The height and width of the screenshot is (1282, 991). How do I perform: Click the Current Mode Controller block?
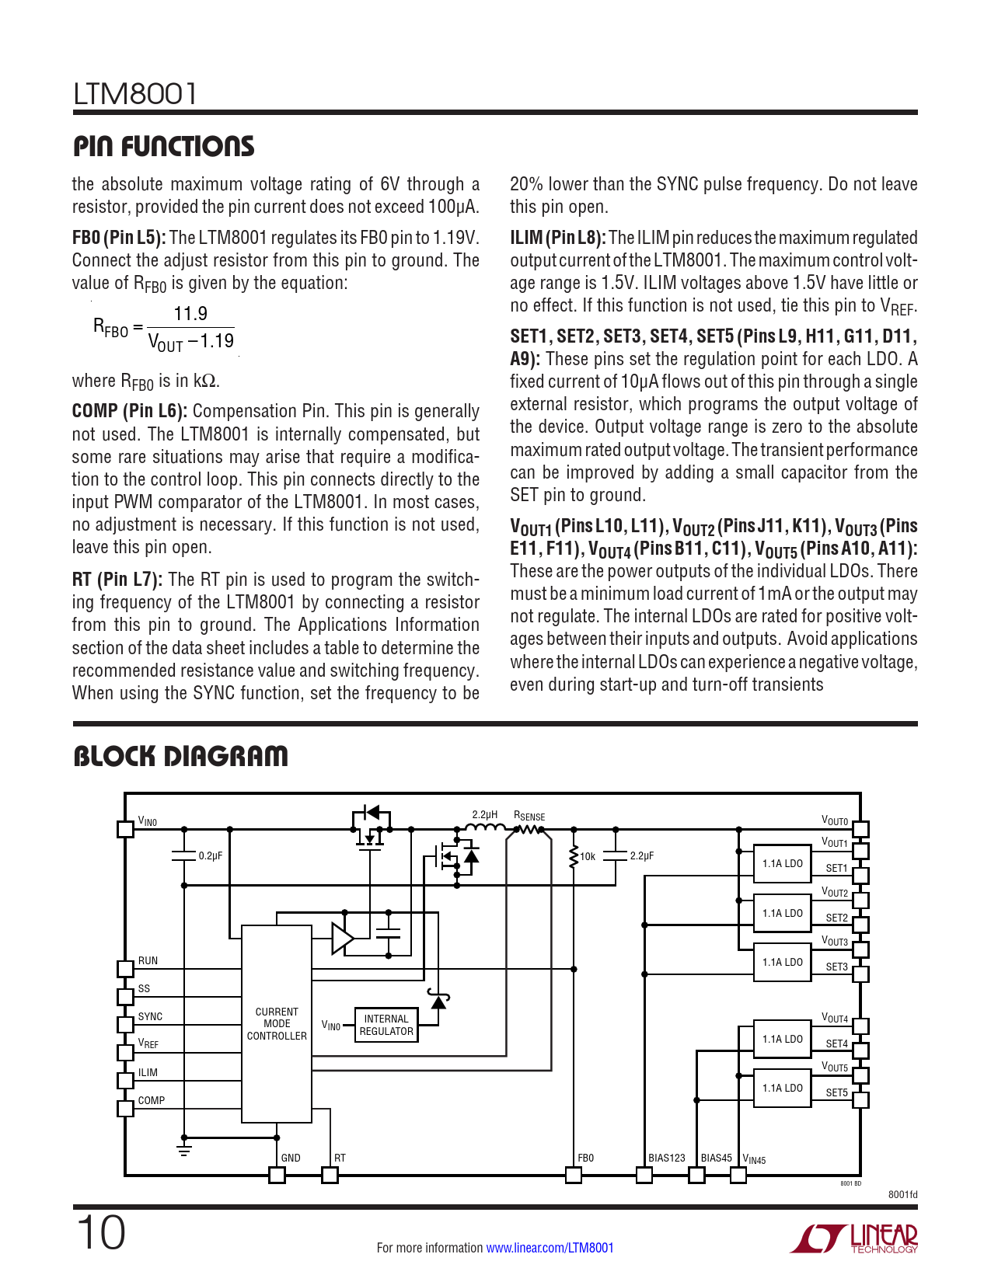[277, 1024]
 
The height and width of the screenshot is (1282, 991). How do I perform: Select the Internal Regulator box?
[386, 1025]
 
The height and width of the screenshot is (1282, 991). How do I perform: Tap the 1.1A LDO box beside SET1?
[782, 863]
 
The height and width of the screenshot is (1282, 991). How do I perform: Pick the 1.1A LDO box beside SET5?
[782, 1088]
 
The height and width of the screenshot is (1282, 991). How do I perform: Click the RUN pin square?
[125, 969]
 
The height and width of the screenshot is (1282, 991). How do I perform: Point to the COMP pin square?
[125, 1108]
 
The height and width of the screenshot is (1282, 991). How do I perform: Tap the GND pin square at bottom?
[277, 1175]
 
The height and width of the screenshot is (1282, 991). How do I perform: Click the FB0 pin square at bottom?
[574, 1175]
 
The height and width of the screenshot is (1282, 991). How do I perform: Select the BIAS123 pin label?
[667, 1158]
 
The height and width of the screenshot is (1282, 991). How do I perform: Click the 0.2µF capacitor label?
[210, 856]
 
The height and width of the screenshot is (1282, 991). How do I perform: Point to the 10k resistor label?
[588, 857]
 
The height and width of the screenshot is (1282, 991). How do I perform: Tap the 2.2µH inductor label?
[484, 814]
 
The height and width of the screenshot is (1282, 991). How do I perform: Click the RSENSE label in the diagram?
[529, 816]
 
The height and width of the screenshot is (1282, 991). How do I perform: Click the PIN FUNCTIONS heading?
[163, 146]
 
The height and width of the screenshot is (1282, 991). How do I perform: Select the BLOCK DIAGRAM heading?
[180, 756]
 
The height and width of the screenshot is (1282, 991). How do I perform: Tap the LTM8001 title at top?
[135, 94]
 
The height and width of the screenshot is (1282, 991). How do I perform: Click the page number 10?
[100, 1233]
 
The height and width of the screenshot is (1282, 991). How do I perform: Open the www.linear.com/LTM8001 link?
[550, 1248]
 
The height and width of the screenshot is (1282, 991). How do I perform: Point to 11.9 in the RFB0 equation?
[190, 313]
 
